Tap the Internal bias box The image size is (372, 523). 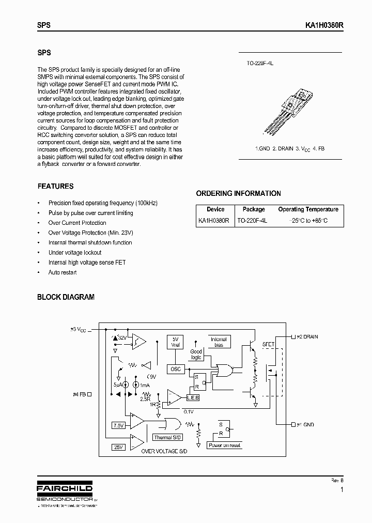coord(219,342)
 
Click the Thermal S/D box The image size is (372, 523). coord(168,437)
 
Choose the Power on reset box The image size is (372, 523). coord(224,445)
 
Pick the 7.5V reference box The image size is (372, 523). coord(119,425)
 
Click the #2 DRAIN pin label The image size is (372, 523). coord(307,337)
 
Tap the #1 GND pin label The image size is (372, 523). coord(305,424)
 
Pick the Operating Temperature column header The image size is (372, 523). coord(308,209)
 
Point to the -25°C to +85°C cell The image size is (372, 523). coord(308,221)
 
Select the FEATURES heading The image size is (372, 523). coord(56,187)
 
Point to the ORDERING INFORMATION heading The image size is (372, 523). coord(238,193)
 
